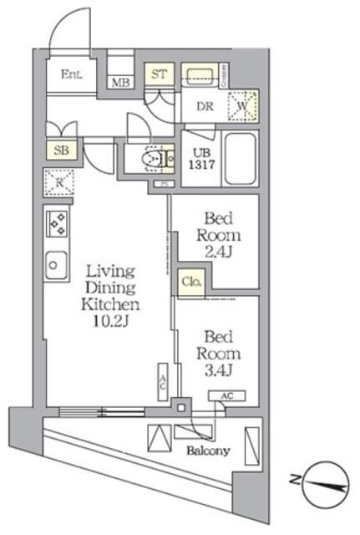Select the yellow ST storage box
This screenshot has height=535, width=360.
click(160, 74)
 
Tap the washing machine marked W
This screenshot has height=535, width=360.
click(243, 105)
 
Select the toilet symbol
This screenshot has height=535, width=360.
click(152, 157)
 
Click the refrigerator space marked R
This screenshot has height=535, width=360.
click(60, 181)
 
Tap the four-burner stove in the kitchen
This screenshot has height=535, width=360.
click(58, 224)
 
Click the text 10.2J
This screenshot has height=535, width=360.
click(109, 320)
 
